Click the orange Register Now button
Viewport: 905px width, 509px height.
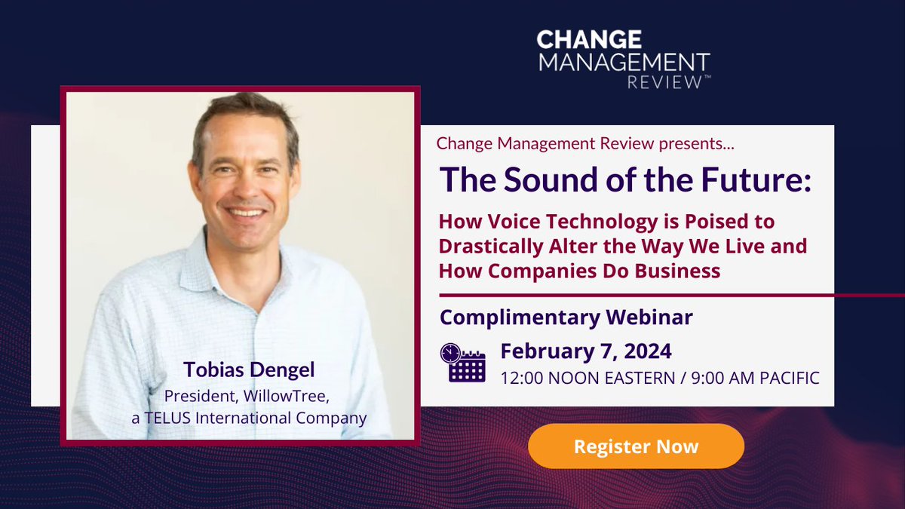coord(636,446)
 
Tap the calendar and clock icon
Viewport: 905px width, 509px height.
coord(462,363)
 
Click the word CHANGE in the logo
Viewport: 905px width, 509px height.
coord(589,40)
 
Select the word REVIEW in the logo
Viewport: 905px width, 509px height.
coord(664,81)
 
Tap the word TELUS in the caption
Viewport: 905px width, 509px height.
coord(167,418)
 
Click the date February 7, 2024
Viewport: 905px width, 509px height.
coord(586,351)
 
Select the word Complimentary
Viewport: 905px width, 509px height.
coord(520,317)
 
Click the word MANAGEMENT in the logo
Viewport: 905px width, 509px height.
coord(623,61)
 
